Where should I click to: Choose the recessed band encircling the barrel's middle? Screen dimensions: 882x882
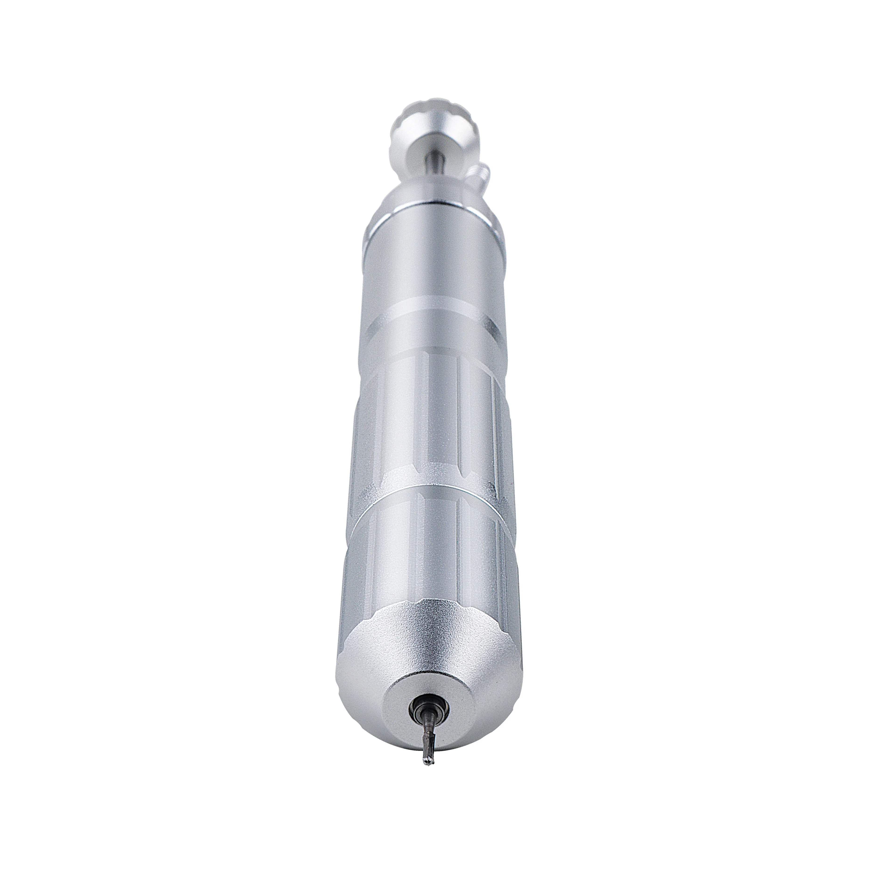pos(434,320)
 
